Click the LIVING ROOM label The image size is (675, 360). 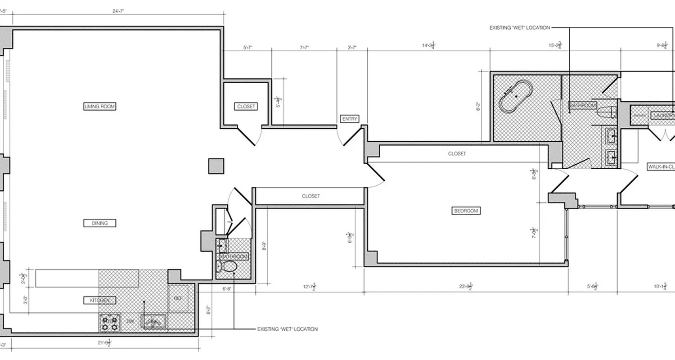pyautogui.click(x=100, y=107)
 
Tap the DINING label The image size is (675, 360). pyautogui.click(x=99, y=223)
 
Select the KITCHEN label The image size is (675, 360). pyautogui.click(x=99, y=300)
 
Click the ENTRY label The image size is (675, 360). pyautogui.click(x=350, y=119)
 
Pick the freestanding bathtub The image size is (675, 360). pyautogui.click(x=516, y=96)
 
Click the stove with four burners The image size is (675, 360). pyautogui.click(x=110, y=323)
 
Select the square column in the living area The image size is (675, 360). pyautogui.click(x=216, y=166)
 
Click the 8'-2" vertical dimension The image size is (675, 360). pyautogui.click(x=478, y=108)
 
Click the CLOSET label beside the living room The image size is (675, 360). pyautogui.click(x=246, y=107)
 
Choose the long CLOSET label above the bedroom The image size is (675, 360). pyautogui.click(x=457, y=154)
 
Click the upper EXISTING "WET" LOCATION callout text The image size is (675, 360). pyautogui.click(x=519, y=28)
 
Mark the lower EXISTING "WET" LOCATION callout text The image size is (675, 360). pyautogui.click(x=287, y=329)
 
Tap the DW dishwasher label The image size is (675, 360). pyautogui.click(x=130, y=321)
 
